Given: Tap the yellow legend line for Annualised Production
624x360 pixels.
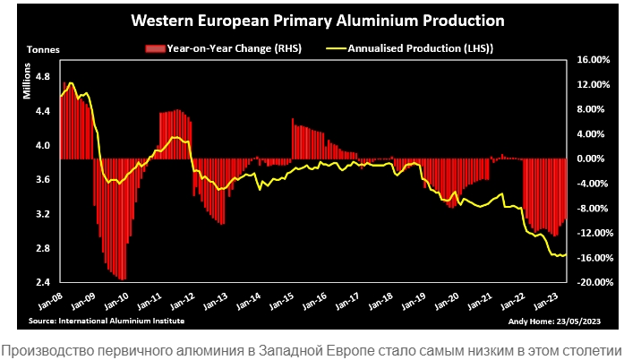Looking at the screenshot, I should coord(337,48).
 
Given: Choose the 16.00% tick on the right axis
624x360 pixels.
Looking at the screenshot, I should coord(594,60).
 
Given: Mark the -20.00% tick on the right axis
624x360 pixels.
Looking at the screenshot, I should coord(594,283).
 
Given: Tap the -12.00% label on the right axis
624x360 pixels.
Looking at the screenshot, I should coord(594,234).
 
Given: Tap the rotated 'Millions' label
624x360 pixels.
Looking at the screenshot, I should coord(28,84).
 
